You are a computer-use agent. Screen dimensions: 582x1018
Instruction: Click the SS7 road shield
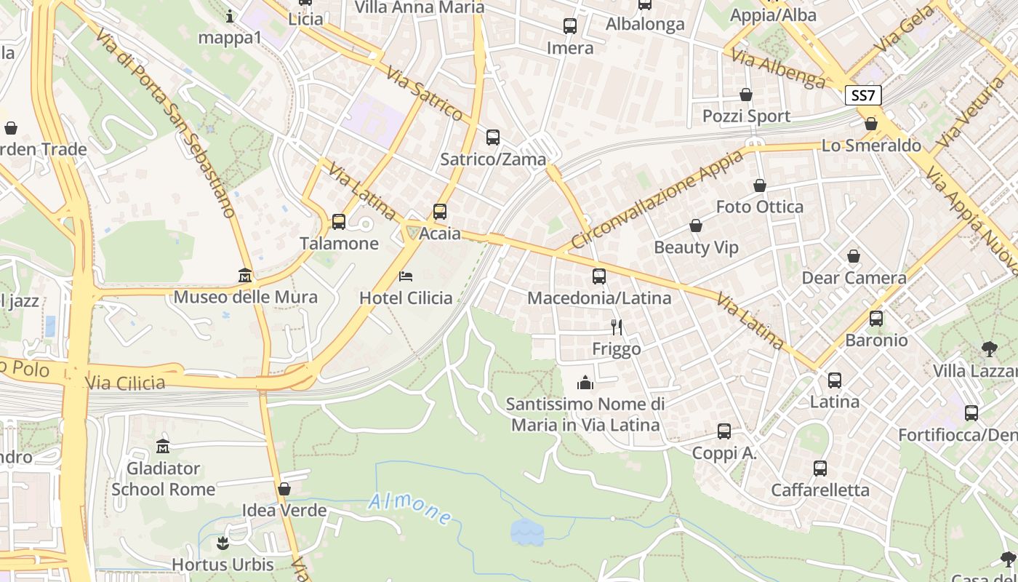tap(864, 95)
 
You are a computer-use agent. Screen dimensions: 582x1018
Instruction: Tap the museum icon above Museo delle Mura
tap(245, 276)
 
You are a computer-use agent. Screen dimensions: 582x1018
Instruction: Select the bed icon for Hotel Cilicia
tap(406, 276)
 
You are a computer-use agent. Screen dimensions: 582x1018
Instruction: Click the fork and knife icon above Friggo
tap(617, 327)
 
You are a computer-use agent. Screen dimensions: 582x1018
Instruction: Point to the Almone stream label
tap(409, 509)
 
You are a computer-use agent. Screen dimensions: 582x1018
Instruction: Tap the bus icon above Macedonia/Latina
tap(599, 276)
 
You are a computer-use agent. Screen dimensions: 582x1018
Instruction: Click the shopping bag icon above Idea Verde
tap(284, 489)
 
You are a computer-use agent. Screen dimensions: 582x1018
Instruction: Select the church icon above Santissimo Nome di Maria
tap(585, 383)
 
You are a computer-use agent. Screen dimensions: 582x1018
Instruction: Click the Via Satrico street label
tap(425, 94)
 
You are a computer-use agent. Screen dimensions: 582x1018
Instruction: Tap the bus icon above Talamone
tap(339, 222)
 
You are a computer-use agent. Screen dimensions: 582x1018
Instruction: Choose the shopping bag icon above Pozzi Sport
tap(746, 95)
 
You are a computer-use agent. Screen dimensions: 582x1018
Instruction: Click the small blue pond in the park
tap(526, 532)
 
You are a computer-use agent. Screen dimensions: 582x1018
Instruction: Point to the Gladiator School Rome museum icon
tap(162, 446)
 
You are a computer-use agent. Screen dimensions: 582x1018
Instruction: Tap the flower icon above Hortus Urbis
tap(223, 543)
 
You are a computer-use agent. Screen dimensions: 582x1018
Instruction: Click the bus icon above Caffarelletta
tap(820, 469)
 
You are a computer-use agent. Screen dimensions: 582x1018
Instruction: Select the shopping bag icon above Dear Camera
tap(854, 256)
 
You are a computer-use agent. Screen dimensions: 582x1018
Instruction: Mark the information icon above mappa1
tap(230, 16)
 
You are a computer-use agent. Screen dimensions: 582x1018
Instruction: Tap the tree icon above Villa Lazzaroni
tap(989, 349)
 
